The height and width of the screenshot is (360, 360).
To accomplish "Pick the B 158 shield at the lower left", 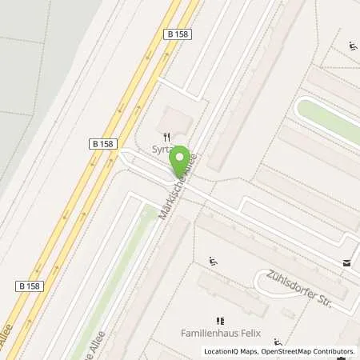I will point(29,284).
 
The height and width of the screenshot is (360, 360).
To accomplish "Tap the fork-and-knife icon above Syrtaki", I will point(167,137).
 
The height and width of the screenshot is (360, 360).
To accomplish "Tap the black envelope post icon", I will point(346,262).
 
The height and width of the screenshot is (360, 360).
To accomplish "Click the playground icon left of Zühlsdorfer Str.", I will point(213,261).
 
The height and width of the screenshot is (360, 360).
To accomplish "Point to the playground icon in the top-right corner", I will point(353,45).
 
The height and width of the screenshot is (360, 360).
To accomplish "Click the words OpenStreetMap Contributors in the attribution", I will point(310,351).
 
